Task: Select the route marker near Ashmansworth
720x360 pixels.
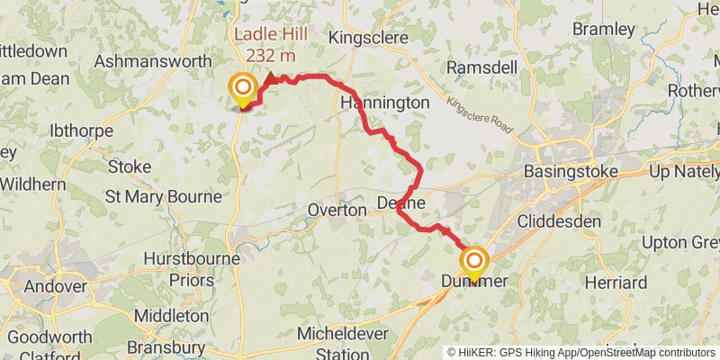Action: [243, 88]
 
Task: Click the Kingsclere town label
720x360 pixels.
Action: [369, 38]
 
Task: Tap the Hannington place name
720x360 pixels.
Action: [385, 103]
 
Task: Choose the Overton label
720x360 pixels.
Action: [337, 210]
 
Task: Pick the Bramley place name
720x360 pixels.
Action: [603, 30]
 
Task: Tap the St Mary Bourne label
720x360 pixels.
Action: [163, 196]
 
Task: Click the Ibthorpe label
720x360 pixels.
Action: [82, 130]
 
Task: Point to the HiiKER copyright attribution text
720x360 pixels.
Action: [580, 353]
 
